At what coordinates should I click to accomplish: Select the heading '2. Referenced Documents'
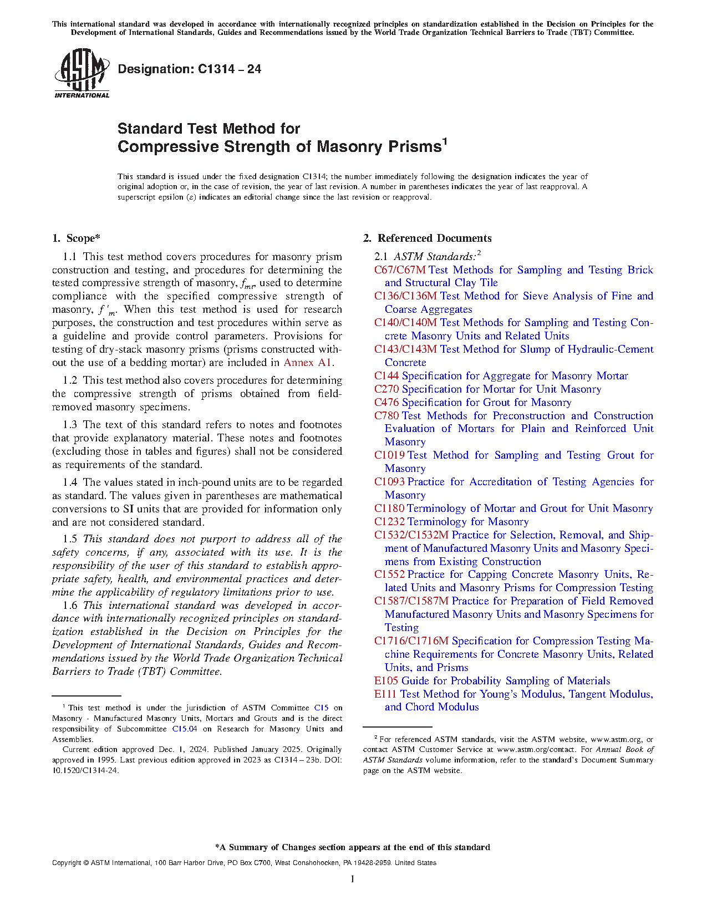428,238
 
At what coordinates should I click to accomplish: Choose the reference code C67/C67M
400,270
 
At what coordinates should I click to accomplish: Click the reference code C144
386,376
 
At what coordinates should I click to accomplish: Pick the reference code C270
386,389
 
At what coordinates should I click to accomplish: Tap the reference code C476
386,403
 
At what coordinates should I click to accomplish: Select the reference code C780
386,416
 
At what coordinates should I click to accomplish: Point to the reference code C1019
389,455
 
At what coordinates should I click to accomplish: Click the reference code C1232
389,522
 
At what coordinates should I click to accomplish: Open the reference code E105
386,681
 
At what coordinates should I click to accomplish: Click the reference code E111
385,694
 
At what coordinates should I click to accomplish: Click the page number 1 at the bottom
353,879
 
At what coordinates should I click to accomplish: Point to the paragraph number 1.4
70,482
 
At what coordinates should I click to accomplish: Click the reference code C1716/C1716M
411,641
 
